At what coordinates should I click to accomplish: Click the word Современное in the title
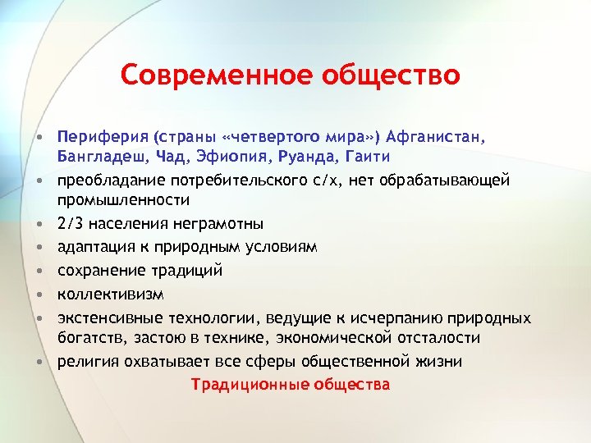pyautogui.click(x=200, y=75)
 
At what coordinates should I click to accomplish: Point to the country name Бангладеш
pyautogui.click(x=99, y=156)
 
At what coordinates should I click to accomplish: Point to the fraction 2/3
pyautogui.click(x=70, y=223)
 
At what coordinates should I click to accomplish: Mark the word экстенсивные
pyautogui.click(x=110, y=317)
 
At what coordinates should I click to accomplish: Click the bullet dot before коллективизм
pyautogui.click(x=39, y=294)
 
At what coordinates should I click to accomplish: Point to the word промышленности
pyautogui.click(x=123, y=199)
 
